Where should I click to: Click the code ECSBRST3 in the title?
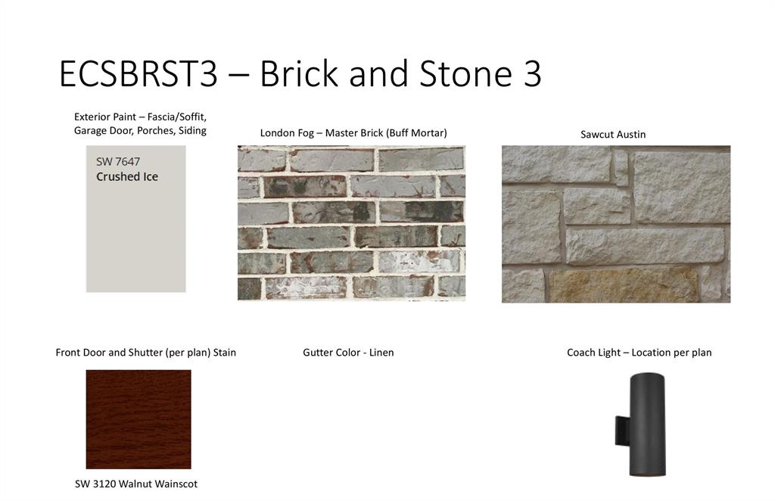pos(139,73)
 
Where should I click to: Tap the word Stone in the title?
pos(465,73)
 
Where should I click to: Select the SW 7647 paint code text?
pos(118,161)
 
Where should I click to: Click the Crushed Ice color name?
pos(127,176)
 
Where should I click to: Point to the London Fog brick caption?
pos(353,133)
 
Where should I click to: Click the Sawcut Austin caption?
pos(613,135)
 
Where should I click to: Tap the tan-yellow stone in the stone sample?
pos(624,285)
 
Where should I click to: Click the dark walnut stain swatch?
pos(139,419)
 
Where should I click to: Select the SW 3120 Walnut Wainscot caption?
pos(136,484)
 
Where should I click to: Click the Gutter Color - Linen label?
pos(348,352)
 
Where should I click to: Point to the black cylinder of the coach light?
pos(647,425)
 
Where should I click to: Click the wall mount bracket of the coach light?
pos(622,430)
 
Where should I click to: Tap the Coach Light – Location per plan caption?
pos(639,352)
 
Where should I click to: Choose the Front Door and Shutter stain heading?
pos(146,352)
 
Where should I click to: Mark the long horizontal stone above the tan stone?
pos(645,246)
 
